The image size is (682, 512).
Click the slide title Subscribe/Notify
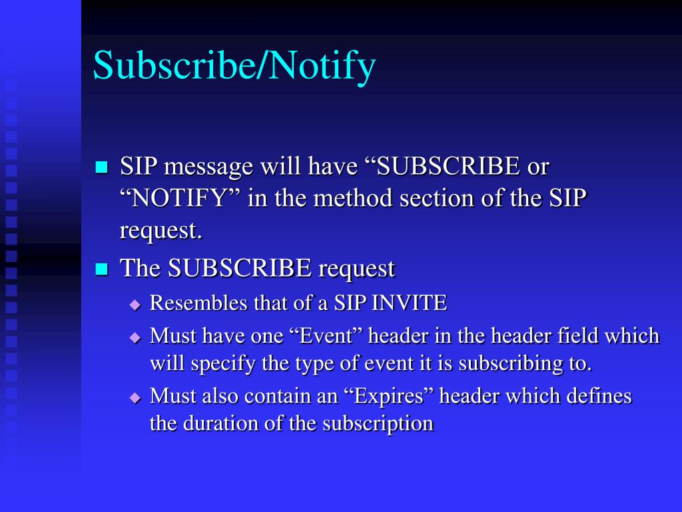click(234, 67)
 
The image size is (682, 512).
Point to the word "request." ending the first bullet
click(161, 231)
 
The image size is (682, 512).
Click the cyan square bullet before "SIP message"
click(101, 167)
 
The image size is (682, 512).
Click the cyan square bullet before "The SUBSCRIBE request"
click(101, 269)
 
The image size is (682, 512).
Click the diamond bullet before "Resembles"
click(135, 305)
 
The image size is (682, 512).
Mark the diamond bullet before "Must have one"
click(135, 337)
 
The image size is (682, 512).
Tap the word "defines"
click(599, 396)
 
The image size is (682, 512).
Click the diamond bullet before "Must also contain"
click(135, 397)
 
